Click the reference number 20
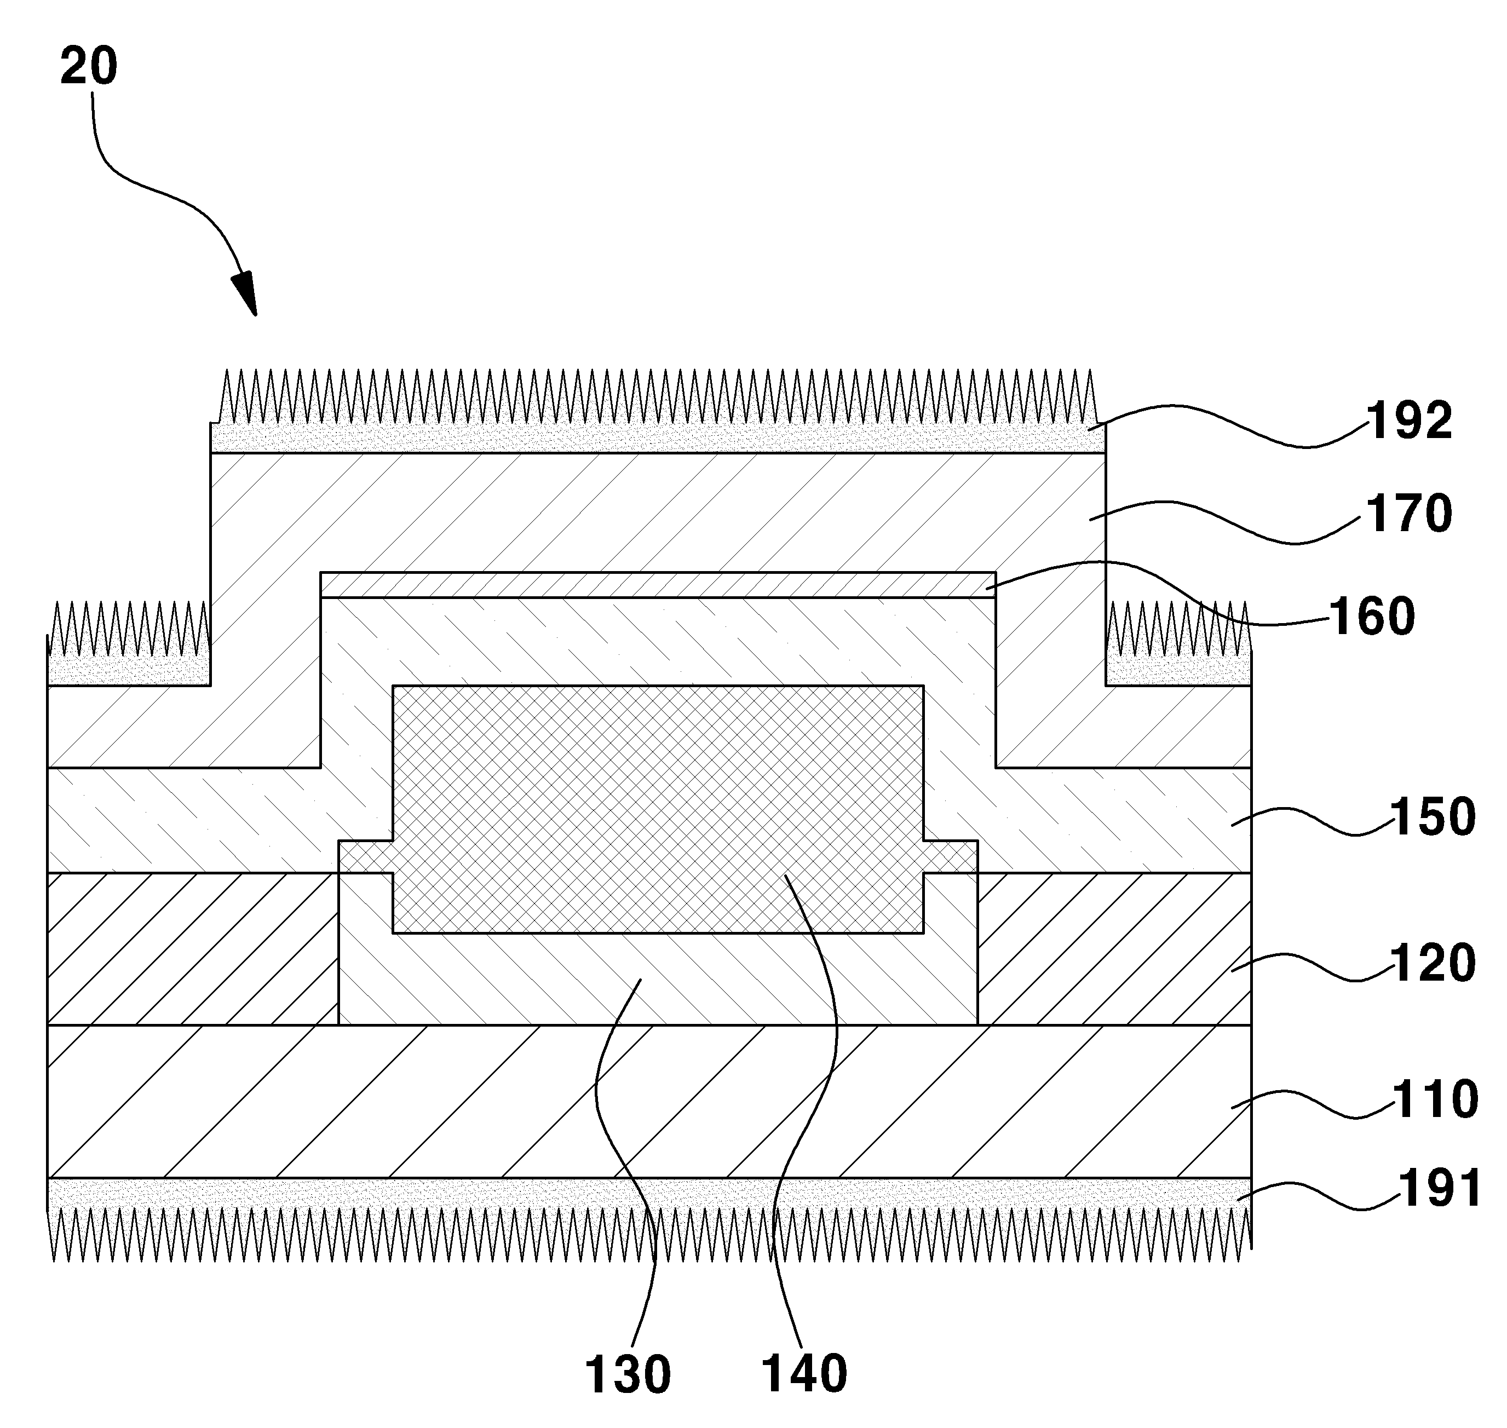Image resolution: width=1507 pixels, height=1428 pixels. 89,66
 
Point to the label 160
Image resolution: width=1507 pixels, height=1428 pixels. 1372,616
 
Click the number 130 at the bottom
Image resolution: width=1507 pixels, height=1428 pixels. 628,1375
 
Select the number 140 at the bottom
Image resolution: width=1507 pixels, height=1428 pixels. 804,1375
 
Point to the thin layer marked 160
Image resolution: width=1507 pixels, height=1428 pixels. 658,585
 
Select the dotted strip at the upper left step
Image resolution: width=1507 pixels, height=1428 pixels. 129,669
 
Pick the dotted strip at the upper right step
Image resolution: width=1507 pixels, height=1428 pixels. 1178,669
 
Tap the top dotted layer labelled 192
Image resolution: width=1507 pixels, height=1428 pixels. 658,437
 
